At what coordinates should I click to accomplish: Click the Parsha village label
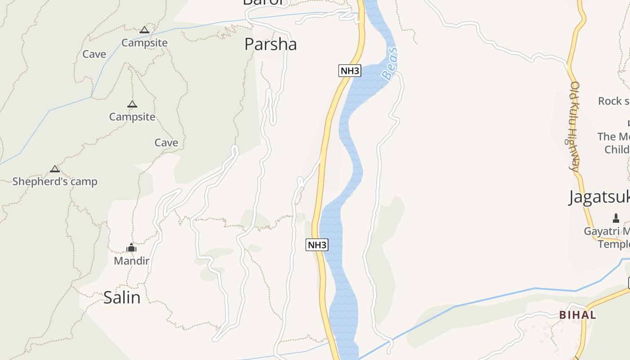270,44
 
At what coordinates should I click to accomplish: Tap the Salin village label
122,297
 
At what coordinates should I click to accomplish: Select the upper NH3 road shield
350,71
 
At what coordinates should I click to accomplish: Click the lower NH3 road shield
317,245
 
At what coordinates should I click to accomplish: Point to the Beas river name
390,63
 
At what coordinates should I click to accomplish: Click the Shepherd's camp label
55,182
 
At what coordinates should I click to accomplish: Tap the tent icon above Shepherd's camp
55,169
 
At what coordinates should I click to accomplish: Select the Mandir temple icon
131,247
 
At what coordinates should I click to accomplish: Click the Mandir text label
131,261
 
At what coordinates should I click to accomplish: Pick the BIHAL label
578,315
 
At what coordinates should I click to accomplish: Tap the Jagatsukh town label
598,197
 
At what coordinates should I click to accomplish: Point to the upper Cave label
94,54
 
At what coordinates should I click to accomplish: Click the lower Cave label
166,143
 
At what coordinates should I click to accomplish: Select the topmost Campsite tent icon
144,30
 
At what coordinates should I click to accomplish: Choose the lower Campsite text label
132,117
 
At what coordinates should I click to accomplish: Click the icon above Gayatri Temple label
616,219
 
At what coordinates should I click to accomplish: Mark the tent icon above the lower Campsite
132,104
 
